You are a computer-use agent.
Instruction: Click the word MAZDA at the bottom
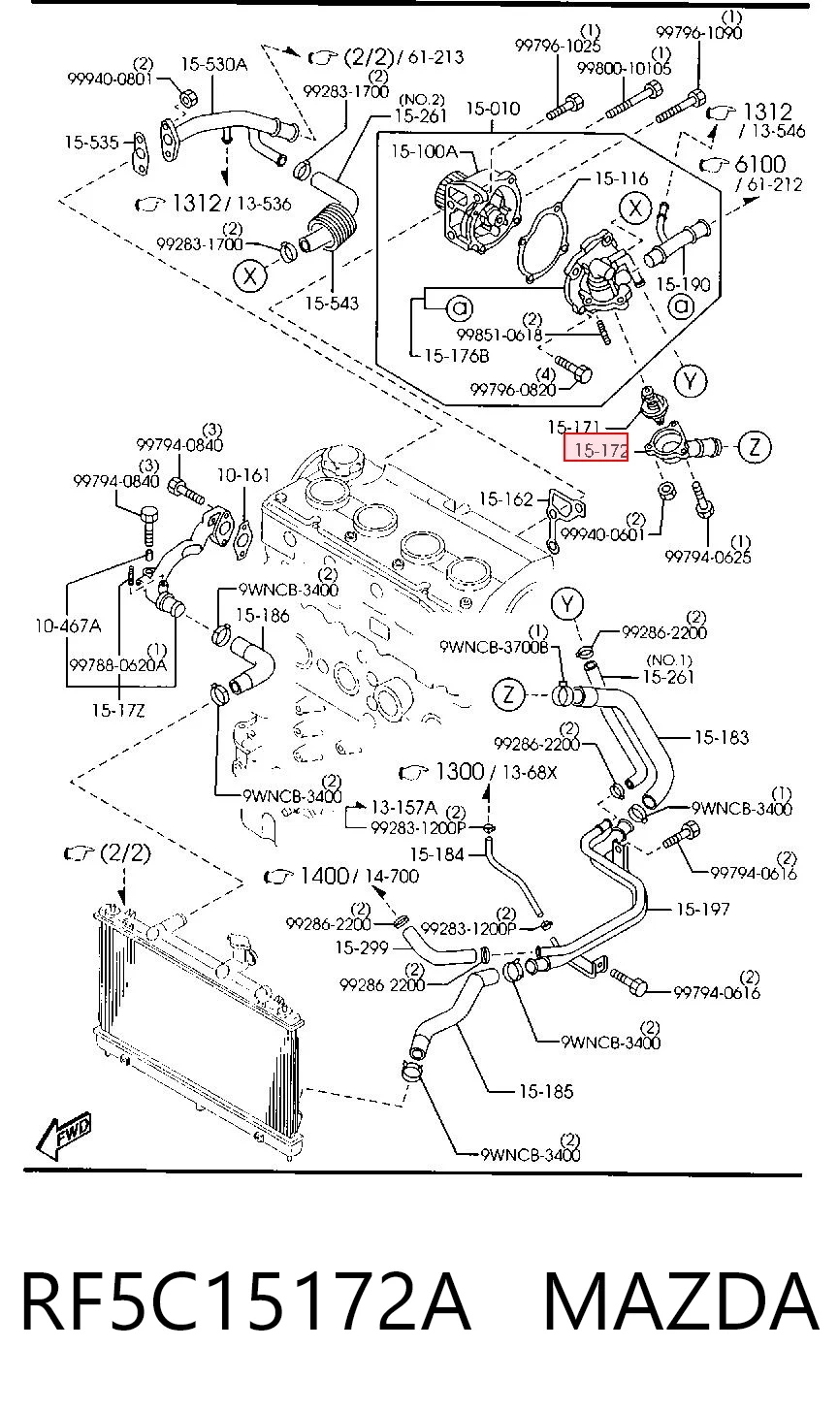click(x=680, y=1301)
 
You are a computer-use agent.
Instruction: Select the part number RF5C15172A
click(x=246, y=1301)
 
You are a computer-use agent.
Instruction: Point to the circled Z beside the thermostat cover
click(x=755, y=447)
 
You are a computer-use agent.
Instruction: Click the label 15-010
click(x=493, y=109)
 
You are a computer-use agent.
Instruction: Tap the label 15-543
click(x=332, y=304)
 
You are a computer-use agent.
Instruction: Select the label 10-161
click(x=243, y=474)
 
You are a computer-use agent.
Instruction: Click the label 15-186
click(x=263, y=615)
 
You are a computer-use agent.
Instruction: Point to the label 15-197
click(x=703, y=909)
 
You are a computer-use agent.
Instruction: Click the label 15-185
click(x=546, y=1091)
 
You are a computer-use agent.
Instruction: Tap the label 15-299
click(x=362, y=947)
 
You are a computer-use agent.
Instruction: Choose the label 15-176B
click(x=457, y=356)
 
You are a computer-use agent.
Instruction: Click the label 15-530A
click(x=214, y=64)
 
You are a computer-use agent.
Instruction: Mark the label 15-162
click(x=505, y=499)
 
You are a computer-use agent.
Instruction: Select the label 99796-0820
click(x=513, y=390)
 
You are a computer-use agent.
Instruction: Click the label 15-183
click(x=722, y=737)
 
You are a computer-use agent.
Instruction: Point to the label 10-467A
click(x=68, y=626)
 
